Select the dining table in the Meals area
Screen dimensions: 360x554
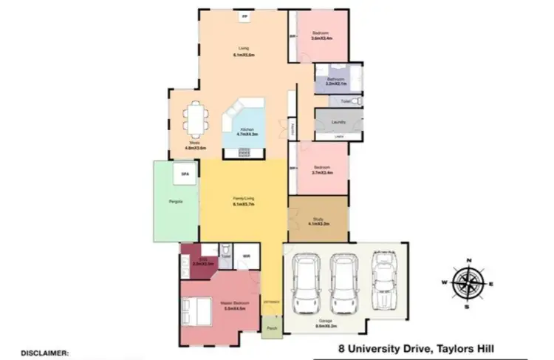pyautogui.click(x=194, y=119)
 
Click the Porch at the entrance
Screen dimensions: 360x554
pyautogui.click(x=271, y=326)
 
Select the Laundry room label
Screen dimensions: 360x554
pyautogui.click(x=339, y=122)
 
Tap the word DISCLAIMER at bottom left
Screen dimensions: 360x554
pyautogui.click(x=44, y=353)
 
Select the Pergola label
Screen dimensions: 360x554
pyautogui.click(x=176, y=201)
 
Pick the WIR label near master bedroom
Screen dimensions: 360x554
pyautogui.click(x=247, y=257)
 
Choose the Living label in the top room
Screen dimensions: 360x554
pyautogui.click(x=244, y=50)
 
